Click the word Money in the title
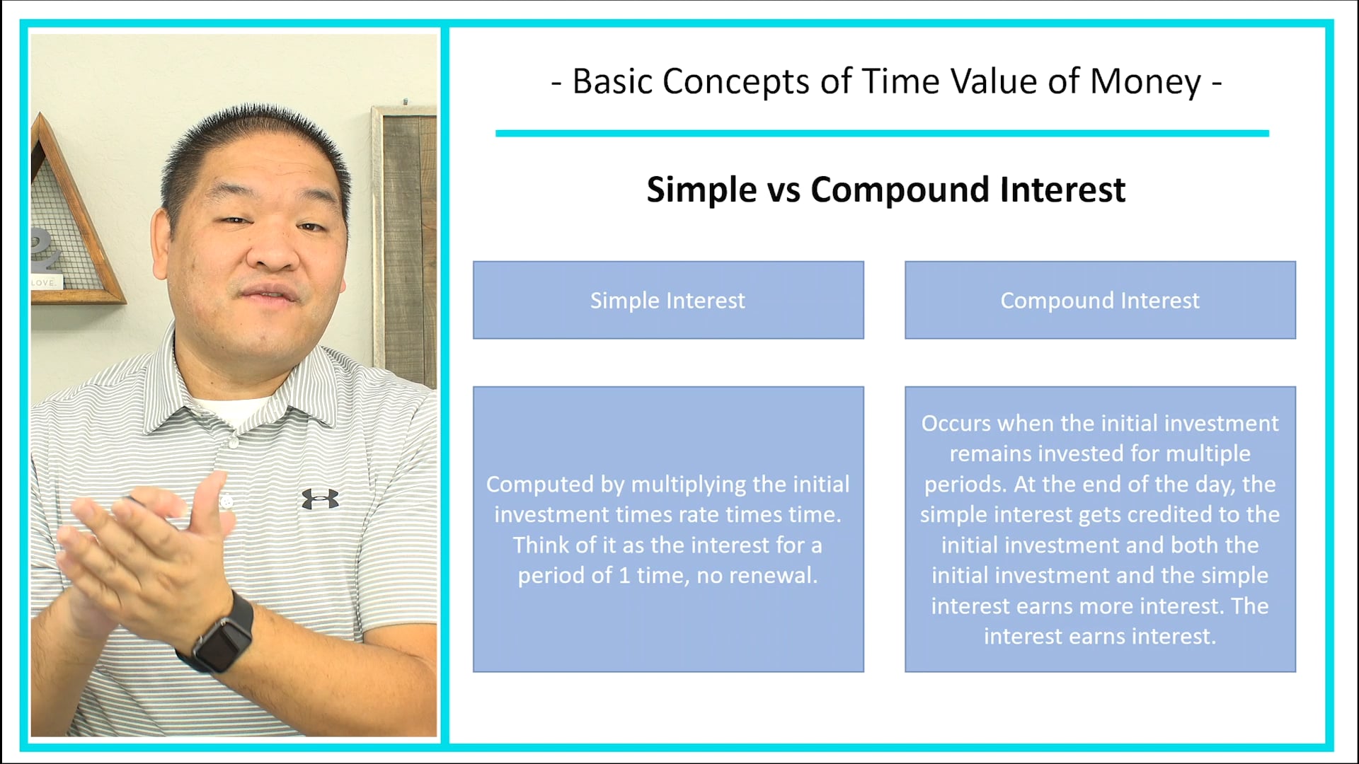pyautogui.click(x=1145, y=81)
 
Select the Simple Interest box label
pyautogui.click(x=667, y=301)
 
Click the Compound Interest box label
pyautogui.click(x=1099, y=301)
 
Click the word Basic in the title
pyautogui.click(x=612, y=81)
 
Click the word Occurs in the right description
pyautogui.click(x=956, y=424)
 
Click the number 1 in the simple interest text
pyautogui.click(x=624, y=576)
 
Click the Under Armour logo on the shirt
pyautogui.click(x=320, y=499)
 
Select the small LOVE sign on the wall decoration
pyautogui.click(x=45, y=282)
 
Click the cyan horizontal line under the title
pyautogui.click(x=881, y=133)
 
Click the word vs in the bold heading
pyautogui.click(x=784, y=190)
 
